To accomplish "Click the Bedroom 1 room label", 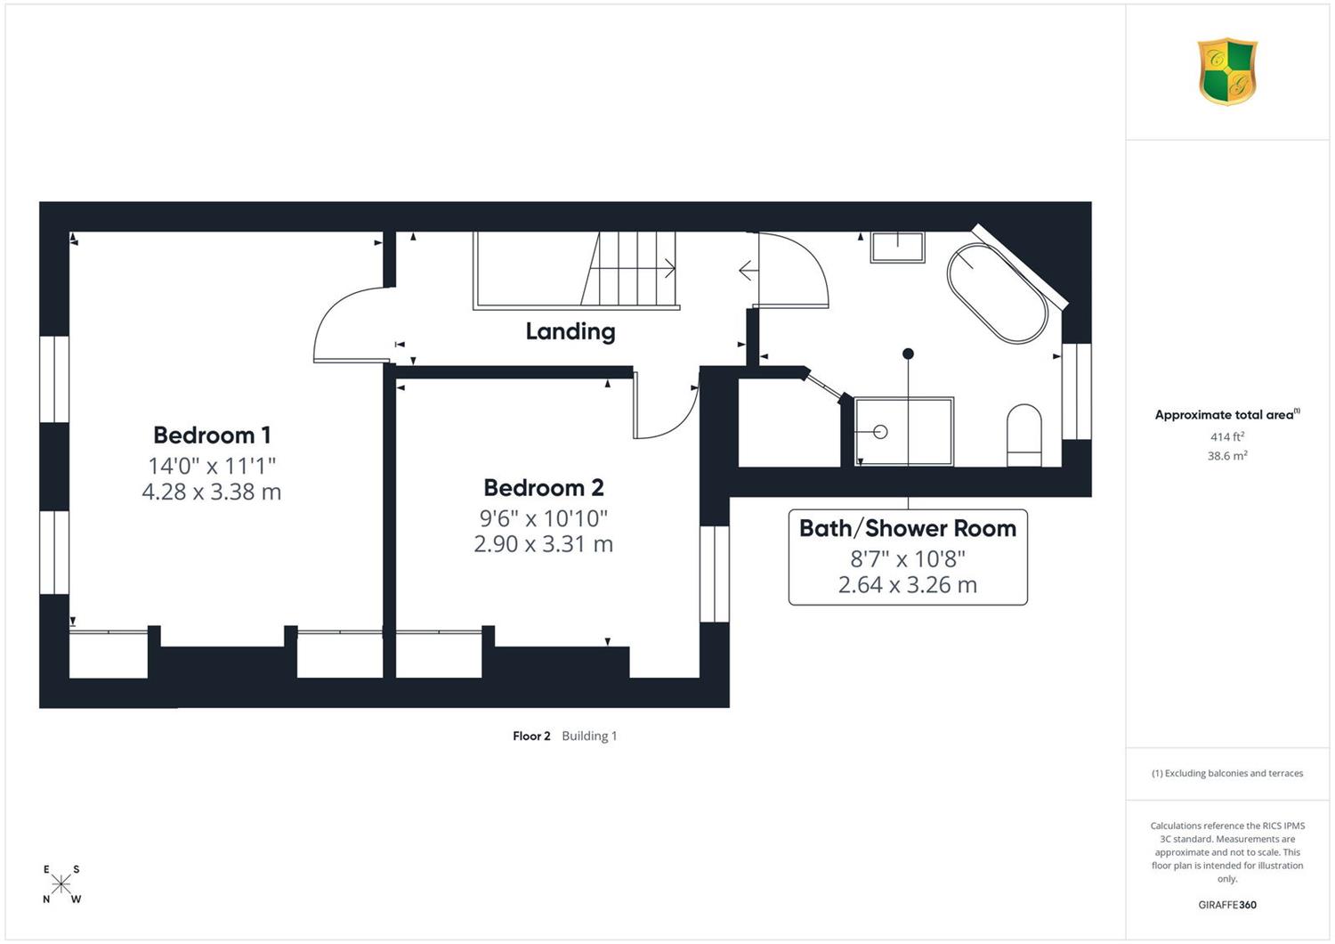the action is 212,435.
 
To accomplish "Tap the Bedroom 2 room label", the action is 544,488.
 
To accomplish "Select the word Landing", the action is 570,331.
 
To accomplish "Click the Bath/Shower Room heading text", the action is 907,528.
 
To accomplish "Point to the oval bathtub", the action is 997,293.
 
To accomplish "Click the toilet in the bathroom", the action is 1023,435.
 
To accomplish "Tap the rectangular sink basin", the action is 897,247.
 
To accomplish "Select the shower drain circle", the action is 880,431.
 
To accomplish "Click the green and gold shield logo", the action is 1227,71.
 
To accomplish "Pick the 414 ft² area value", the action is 1227,436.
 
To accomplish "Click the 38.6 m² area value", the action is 1227,456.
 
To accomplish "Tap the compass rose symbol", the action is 61,883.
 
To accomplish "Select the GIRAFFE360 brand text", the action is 1227,905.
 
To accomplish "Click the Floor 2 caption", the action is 531,736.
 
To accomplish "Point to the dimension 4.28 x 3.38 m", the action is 212,492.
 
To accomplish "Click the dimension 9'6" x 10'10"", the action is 544,518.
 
